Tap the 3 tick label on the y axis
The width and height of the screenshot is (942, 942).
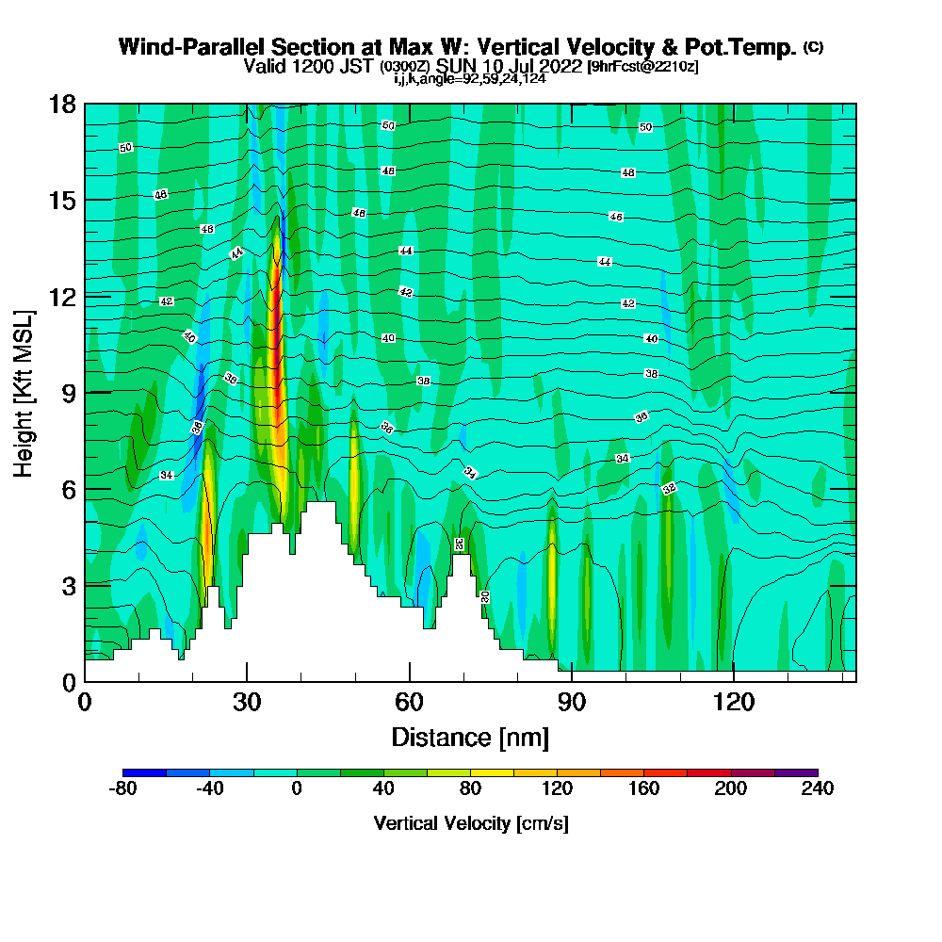tap(68, 585)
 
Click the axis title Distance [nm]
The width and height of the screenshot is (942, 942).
tap(470, 737)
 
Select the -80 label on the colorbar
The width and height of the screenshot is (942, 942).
tap(122, 789)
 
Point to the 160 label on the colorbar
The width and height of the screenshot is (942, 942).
tap(643, 789)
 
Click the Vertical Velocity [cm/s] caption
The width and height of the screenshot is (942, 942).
tap(470, 823)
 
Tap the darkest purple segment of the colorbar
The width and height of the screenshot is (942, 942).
tap(796, 772)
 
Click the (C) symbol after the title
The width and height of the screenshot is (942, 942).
tap(814, 47)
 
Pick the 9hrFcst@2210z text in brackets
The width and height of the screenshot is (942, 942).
tap(642, 67)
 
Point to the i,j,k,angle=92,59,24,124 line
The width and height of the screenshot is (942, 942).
tap(470, 78)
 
